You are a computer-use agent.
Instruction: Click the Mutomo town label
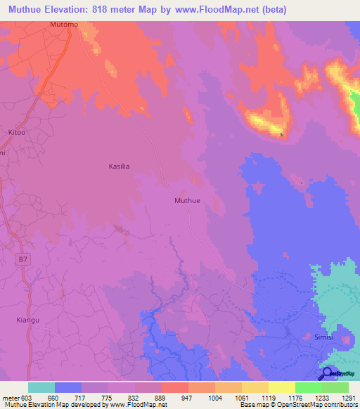click(x=64, y=25)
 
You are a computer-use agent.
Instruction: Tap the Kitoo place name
click(x=16, y=132)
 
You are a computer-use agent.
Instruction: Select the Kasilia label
click(x=120, y=167)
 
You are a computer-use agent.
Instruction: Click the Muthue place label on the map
click(x=187, y=200)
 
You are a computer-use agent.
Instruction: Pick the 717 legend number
click(x=83, y=397)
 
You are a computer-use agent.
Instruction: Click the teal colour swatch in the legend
click(x=41, y=387)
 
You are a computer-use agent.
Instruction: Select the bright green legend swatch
click(x=308, y=387)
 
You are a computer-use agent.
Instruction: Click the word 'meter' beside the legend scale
click(x=10, y=397)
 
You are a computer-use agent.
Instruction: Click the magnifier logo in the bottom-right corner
click(x=327, y=373)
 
